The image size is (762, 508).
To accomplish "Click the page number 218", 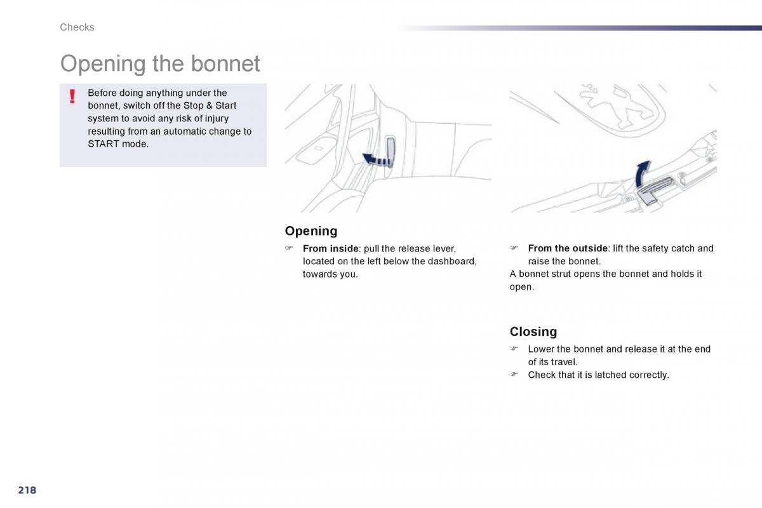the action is [27, 490].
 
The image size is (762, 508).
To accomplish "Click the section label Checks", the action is [77, 27].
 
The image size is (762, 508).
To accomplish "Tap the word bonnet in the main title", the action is [225, 63].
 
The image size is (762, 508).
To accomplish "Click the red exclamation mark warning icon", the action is [72, 97].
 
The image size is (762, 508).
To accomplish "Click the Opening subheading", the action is [311, 231].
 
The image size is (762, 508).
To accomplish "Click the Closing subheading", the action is [533, 331].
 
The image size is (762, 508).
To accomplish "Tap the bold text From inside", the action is [330, 249].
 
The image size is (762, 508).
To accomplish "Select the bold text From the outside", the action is [568, 248].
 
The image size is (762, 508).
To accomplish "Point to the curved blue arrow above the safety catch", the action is [642, 173].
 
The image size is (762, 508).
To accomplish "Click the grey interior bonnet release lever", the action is [391, 151].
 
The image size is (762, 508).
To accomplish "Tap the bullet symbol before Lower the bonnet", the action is [514, 349].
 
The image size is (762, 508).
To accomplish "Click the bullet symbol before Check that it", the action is [514, 374].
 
